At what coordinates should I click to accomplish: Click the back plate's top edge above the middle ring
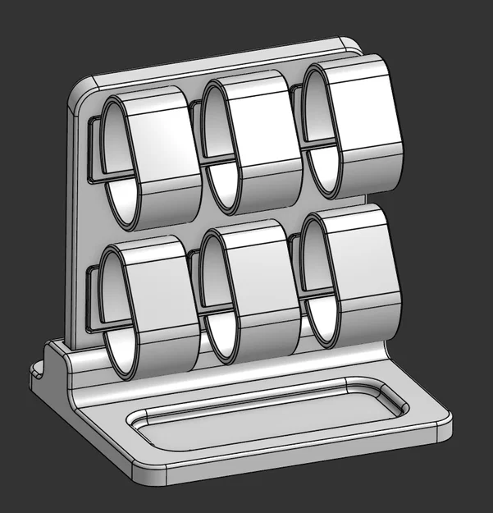pos(238,59)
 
